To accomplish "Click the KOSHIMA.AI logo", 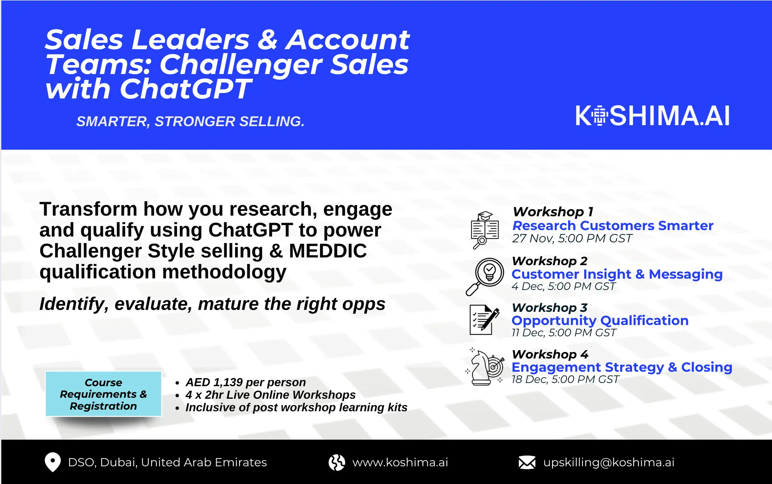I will coord(652,116).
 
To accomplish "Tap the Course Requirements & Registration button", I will coord(103,394).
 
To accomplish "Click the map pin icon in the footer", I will coord(52,462).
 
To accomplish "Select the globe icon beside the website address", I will coord(337,462).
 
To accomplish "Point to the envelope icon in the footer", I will coord(527,462).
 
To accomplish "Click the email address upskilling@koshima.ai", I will coord(609,462).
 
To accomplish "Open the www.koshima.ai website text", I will coord(400,462).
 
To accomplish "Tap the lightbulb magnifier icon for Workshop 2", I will coord(485,276).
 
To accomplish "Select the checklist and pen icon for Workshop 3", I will coord(484,320).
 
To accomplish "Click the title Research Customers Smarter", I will coord(613,226).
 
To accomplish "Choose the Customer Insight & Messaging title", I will coord(617,274).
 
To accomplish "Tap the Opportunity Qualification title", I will coord(600,321).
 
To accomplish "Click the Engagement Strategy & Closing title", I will coord(622,367).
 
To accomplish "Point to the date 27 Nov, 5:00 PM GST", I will coord(572,239).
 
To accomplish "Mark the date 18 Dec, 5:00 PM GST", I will coord(565,379).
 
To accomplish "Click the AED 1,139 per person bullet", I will coord(245,382).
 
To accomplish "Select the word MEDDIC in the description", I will coord(328,251).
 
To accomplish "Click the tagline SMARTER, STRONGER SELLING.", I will coord(190,122).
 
